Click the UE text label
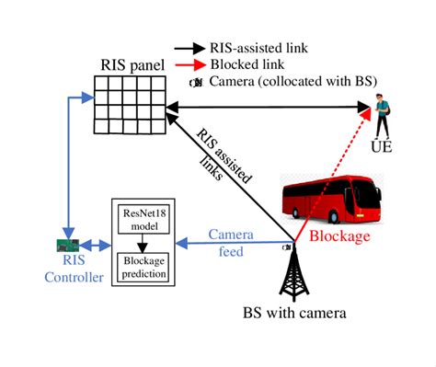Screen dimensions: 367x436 tap(380, 146)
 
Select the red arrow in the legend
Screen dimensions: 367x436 tap(194, 65)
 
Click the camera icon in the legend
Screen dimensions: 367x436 tap(195, 82)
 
